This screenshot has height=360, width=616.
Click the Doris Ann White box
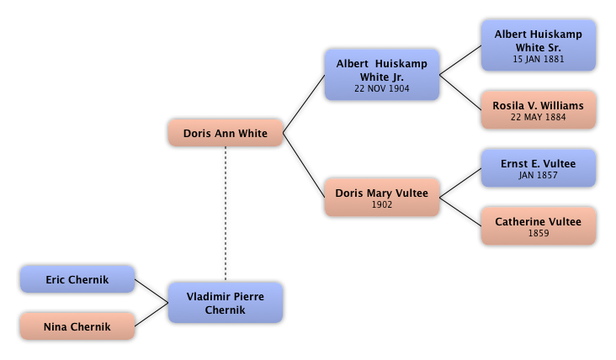coord(225,133)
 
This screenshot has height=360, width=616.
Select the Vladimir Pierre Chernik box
coord(225,303)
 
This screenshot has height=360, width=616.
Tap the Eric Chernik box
coord(77,279)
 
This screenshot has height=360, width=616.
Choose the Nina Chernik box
coord(77,326)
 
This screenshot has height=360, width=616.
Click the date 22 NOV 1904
coord(381,87)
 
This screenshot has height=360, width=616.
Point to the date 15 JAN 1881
coord(539,60)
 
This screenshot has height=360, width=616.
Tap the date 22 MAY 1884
coord(539,117)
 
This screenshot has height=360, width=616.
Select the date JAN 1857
coord(539,175)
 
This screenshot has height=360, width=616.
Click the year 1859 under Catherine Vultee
coord(539,233)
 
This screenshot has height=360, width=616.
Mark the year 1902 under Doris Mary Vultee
coord(381,204)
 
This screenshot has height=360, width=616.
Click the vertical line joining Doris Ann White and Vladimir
coord(226,214)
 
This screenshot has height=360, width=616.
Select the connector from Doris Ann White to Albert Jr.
coord(304,103)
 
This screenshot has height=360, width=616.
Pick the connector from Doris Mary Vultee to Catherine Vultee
coord(461,212)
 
